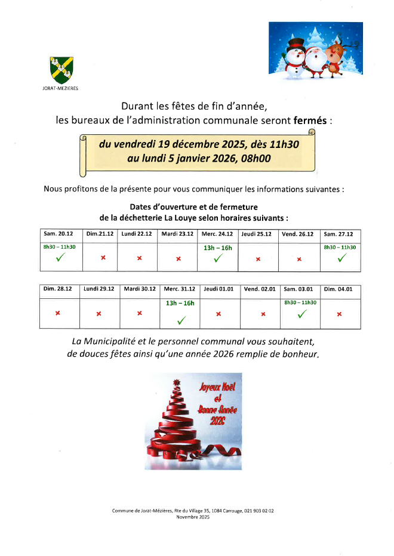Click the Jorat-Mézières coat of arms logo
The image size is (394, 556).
pyautogui.click(x=61, y=69)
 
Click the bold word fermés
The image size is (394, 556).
pyautogui.click(x=310, y=120)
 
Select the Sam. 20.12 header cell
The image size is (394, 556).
pyautogui.click(x=59, y=234)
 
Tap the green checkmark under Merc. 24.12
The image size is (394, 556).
pyautogui.click(x=218, y=258)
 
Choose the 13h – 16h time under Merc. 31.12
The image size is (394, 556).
pyautogui.click(x=180, y=303)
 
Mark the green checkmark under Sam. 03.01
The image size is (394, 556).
pyautogui.click(x=301, y=314)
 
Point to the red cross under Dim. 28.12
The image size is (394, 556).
pyautogui.click(x=59, y=313)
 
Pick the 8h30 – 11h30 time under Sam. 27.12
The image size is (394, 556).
pyautogui.click(x=340, y=247)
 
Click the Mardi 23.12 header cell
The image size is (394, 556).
pyautogui.click(x=177, y=234)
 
